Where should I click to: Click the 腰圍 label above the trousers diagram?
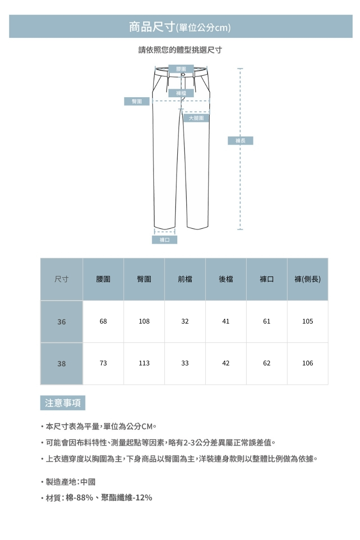(x=181, y=68)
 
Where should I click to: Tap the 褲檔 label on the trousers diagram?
(x=181, y=93)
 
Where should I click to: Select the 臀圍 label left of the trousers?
(x=137, y=102)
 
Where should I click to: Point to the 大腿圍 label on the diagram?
(x=196, y=118)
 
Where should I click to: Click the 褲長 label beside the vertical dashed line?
(x=240, y=141)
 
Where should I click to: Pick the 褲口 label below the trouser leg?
(x=164, y=240)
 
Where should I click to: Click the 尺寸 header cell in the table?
(x=61, y=279)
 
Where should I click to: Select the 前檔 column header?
(x=185, y=279)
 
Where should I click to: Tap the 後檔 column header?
(x=226, y=279)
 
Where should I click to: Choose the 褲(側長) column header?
(x=307, y=279)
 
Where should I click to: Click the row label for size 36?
(x=61, y=322)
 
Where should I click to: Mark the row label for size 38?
(x=61, y=364)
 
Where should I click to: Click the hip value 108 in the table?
(x=144, y=322)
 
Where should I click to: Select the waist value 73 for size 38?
(x=103, y=363)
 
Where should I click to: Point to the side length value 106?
(x=308, y=363)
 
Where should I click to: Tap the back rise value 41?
(x=226, y=322)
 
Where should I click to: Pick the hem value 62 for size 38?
(x=267, y=363)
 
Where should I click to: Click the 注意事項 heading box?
(x=63, y=403)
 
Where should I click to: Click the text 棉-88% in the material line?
(x=79, y=498)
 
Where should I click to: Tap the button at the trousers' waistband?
(x=183, y=74)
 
